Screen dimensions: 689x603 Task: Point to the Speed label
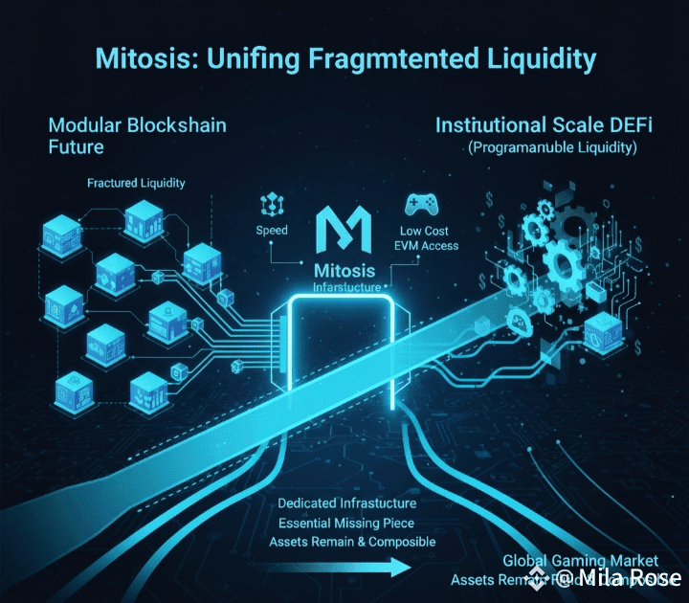coord(272,231)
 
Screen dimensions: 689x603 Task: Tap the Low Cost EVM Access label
coord(427,238)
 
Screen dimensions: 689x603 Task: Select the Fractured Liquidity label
coord(136,182)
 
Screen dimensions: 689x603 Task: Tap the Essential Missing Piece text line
coord(352,524)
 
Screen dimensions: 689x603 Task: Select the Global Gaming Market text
coord(580,560)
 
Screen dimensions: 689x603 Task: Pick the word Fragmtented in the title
coord(364,58)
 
